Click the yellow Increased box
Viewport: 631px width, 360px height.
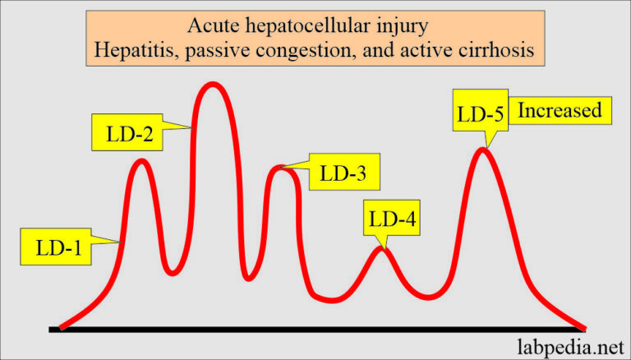[560, 109]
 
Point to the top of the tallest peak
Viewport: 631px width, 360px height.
[212, 85]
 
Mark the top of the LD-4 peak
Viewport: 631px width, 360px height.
[380, 247]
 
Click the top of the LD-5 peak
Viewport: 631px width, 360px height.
[485, 149]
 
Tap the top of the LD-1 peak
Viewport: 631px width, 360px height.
[142, 160]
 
